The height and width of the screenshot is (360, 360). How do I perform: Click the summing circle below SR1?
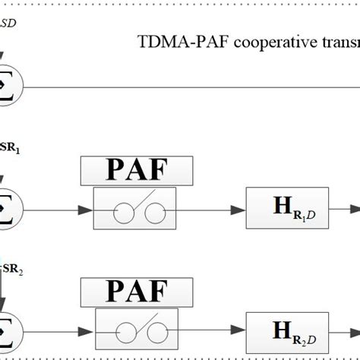[x=8, y=204]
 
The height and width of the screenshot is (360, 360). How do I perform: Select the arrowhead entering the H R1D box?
[x=241, y=204]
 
